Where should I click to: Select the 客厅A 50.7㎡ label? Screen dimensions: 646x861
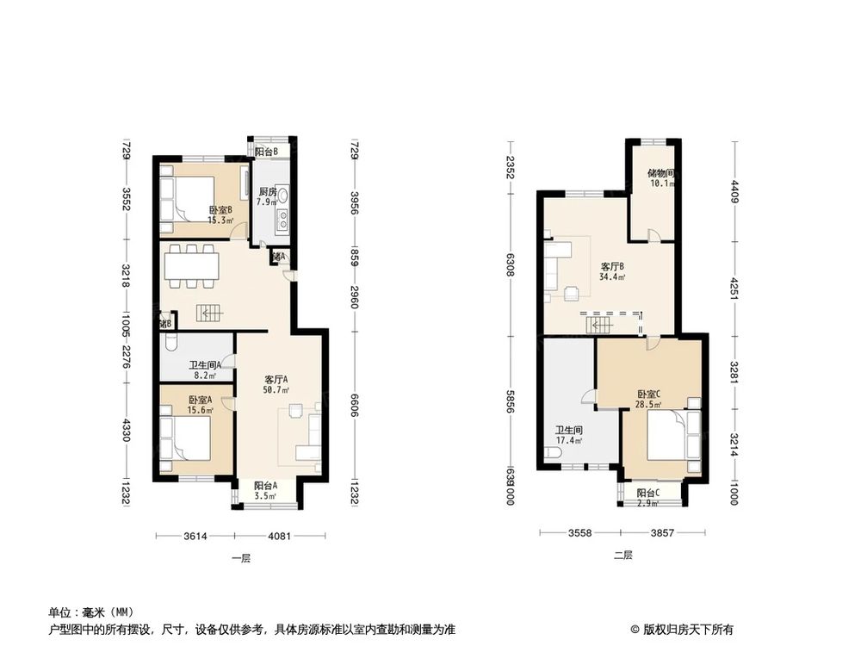[x=276, y=384]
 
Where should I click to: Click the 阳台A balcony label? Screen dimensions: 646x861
[x=265, y=491]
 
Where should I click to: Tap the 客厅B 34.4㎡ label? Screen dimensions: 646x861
[x=612, y=271]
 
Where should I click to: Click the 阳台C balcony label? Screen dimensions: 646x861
[x=648, y=497]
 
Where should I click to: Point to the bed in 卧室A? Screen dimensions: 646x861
[x=186, y=438]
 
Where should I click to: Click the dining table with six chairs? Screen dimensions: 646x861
[x=190, y=266]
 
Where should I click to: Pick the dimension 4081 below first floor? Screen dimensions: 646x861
[x=279, y=537]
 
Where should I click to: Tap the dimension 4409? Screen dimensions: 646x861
[x=734, y=189]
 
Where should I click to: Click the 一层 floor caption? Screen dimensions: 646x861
[x=241, y=558]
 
